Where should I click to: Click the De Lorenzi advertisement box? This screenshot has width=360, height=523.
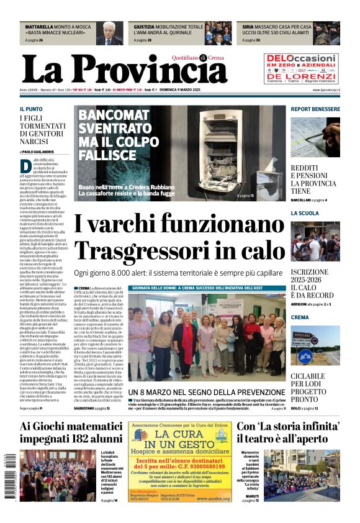pyautogui.click(x=301, y=68)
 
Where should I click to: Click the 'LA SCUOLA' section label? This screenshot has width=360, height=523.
pyautogui.click(x=304, y=213)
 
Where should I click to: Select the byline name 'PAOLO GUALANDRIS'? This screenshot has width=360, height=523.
pyautogui.click(x=38, y=152)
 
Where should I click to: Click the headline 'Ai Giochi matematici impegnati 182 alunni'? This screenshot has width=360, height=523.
pyautogui.click(x=71, y=432)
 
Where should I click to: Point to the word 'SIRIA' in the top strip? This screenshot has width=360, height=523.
pyautogui.click(x=248, y=27)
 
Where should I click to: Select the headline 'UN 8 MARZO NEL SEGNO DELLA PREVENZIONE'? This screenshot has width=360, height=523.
pyautogui.click(x=206, y=392)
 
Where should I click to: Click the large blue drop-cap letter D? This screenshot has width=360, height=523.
pyautogui.click(x=25, y=166)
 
